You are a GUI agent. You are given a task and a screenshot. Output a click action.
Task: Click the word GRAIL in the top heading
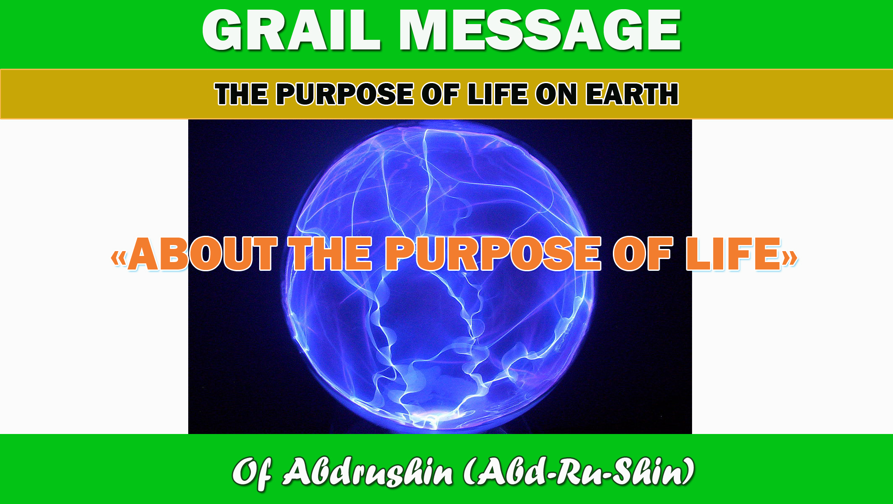(x=291, y=30)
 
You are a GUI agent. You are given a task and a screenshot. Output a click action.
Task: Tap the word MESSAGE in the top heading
(x=540, y=30)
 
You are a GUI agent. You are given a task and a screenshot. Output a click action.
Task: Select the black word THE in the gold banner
(x=241, y=94)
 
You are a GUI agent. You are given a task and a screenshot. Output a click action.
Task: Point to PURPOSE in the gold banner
(x=345, y=94)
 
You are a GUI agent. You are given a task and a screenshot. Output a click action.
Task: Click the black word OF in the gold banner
(x=440, y=94)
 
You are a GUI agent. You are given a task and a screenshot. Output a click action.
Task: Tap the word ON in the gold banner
(x=557, y=94)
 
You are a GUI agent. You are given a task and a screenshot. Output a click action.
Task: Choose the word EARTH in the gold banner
(x=633, y=94)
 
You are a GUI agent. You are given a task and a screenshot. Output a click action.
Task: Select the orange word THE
(x=331, y=254)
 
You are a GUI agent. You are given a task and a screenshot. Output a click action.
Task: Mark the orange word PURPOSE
(x=493, y=254)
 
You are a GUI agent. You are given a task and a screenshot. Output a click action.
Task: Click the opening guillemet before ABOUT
(x=119, y=258)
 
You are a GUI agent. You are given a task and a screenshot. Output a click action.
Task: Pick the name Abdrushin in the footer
(x=368, y=472)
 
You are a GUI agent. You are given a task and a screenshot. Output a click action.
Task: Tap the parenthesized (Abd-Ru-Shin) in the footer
(x=579, y=472)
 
